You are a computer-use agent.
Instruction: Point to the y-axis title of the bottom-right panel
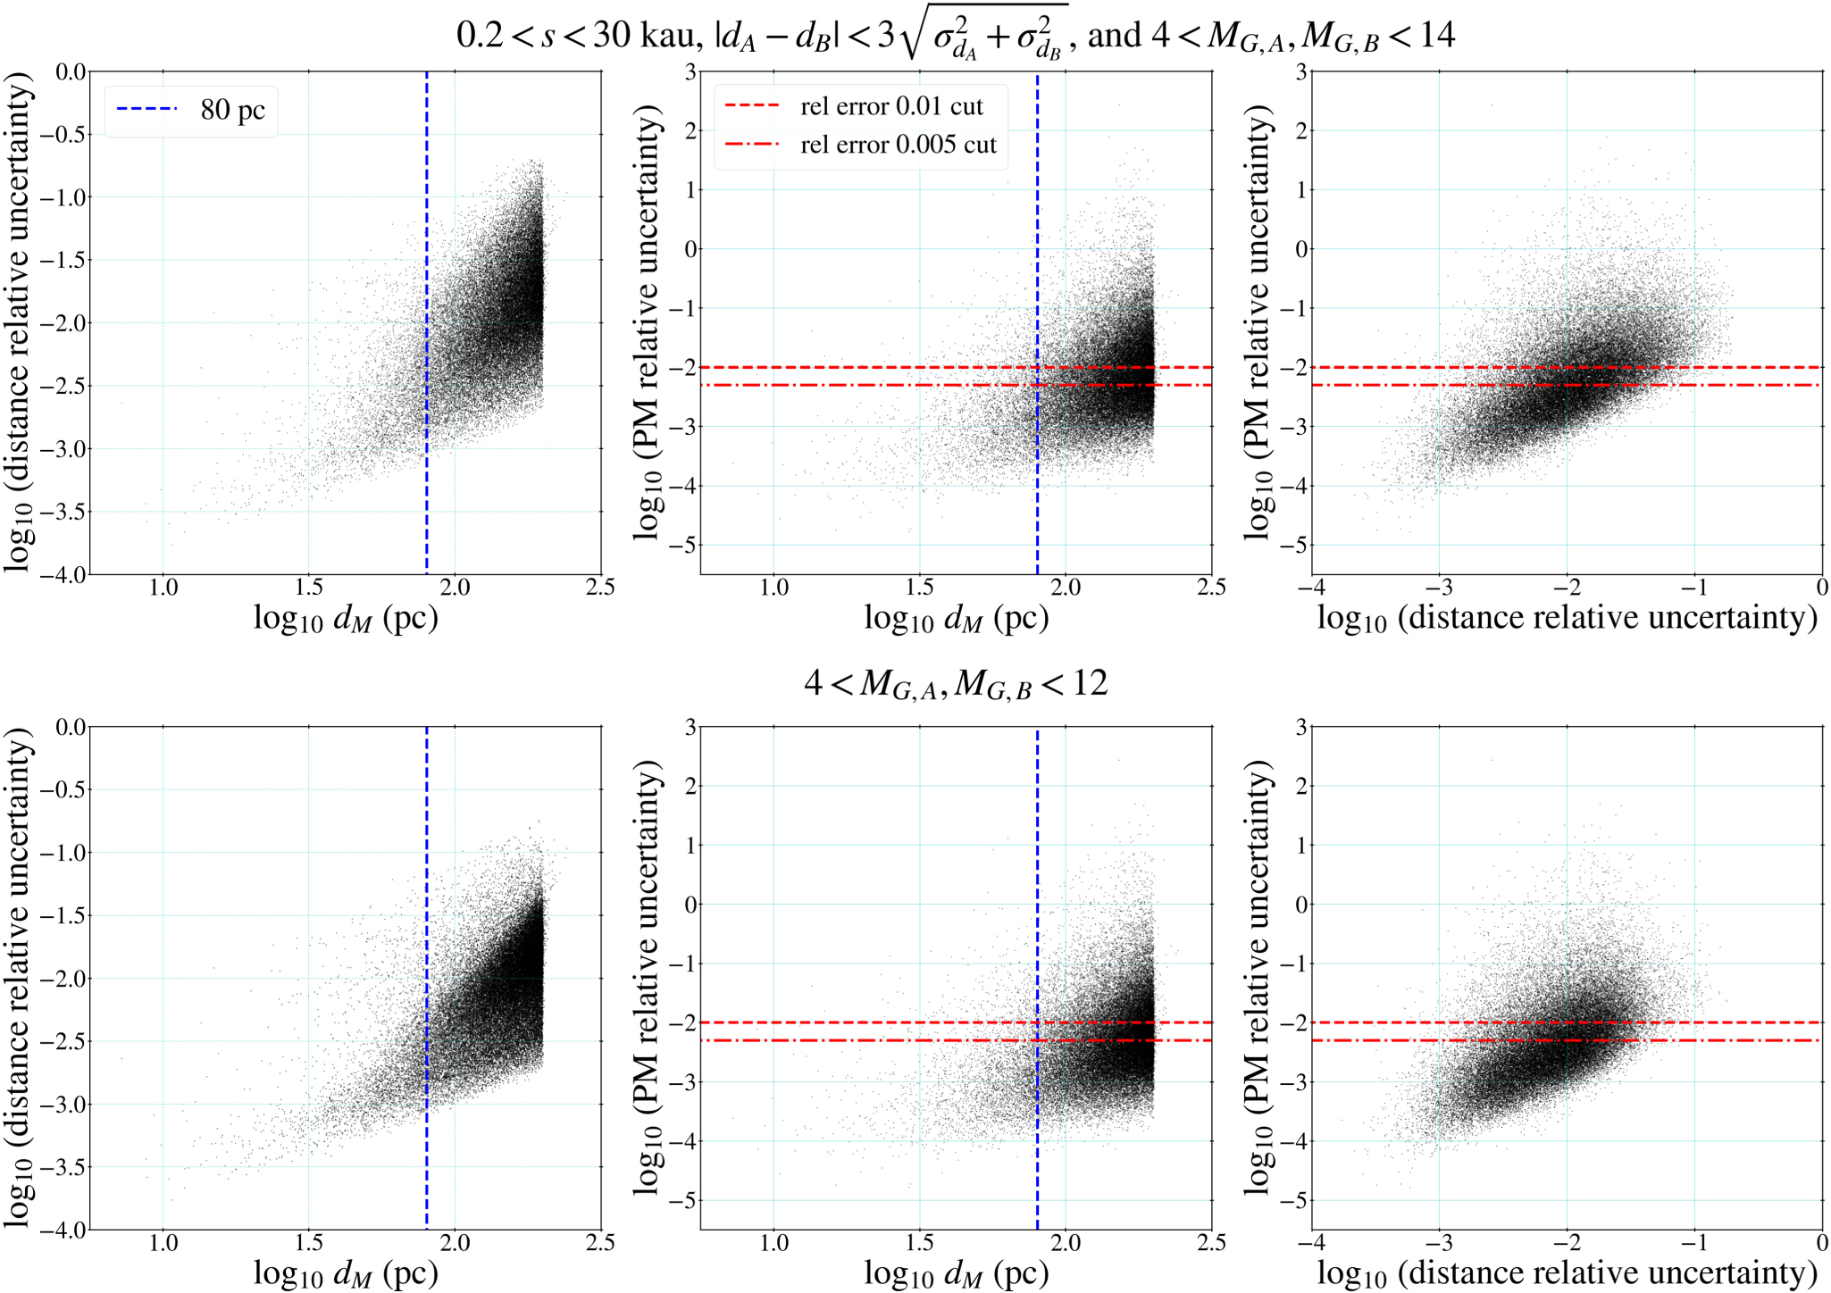pyautogui.click(x=1258, y=977)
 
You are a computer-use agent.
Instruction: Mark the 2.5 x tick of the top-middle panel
pyautogui.click(x=1210, y=588)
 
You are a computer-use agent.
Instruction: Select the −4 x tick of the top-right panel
pyautogui.click(x=1310, y=588)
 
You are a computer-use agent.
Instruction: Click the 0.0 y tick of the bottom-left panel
pyautogui.click(x=70, y=727)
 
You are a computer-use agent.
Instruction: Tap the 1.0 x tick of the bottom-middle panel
pyautogui.click(x=773, y=1243)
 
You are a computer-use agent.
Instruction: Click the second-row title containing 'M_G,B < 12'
pyautogui.click(x=955, y=684)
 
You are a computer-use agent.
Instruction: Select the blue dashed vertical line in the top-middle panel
pyautogui.click(x=1037, y=223)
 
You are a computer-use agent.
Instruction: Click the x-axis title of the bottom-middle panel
pyautogui.click(x=956, y=1273)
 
